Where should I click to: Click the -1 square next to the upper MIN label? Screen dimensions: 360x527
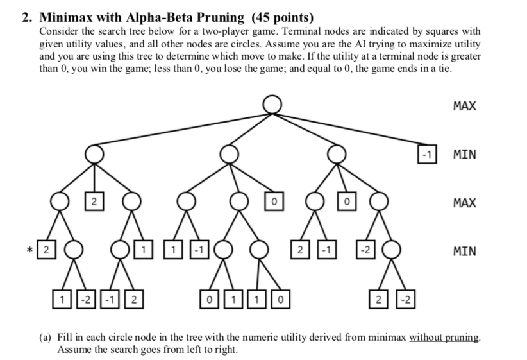[x=426, y=154]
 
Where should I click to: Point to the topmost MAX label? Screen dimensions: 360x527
[x=464, y=106]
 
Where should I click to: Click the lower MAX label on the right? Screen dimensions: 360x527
[x=464, y=203]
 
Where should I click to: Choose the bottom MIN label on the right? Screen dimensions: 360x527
[x=464, y=251]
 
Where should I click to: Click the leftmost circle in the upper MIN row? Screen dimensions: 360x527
[x=94, y=153]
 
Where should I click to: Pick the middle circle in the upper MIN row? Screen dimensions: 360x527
[x=228, y=153]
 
